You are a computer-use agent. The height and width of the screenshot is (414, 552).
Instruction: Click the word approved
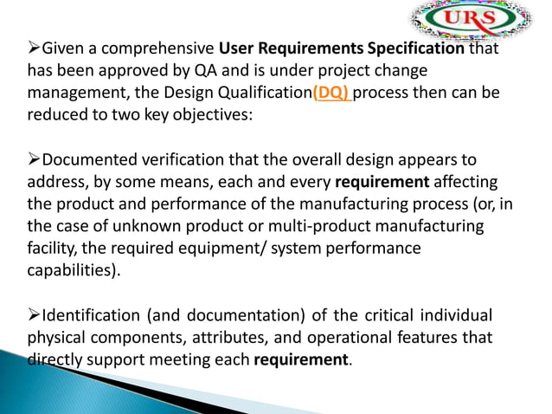tap(170, 71)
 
